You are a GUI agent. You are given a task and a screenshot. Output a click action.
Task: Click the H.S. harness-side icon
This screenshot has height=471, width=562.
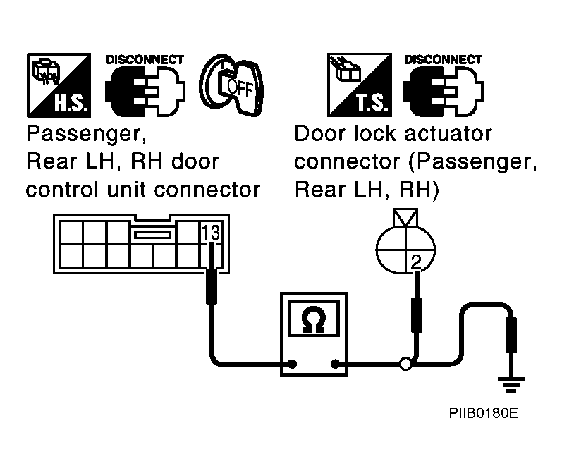pyautogui.click(x=59, y=85)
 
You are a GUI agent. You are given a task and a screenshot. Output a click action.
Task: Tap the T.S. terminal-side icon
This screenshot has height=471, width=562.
pyautogui.click(x=359, y=85)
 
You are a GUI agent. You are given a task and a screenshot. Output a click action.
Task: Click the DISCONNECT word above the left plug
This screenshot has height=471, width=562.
pyautogui.click(x=145, y=59)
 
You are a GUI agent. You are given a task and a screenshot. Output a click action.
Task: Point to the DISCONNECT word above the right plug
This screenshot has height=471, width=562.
pyautogui.click(x=443, y=59)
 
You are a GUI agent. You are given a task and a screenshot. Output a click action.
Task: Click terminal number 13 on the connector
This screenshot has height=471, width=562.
pyautogui.click(x=210, y=233)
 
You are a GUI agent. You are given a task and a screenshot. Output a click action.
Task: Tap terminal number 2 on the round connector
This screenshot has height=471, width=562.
pyautogui.click(x=416, y=262)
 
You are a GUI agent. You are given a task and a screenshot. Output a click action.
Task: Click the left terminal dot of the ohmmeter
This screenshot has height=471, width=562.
pyautogui.click(x=293, y=365)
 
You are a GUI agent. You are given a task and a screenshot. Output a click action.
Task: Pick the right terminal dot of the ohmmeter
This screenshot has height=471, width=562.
pyautogui.click(x=335, y=365)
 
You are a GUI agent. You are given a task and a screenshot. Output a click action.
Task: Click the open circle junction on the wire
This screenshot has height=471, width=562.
pyautogui.click(x=405, y=365)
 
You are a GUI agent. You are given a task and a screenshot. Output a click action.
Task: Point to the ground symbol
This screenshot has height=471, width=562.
pyautogui.click(x=511, y=384)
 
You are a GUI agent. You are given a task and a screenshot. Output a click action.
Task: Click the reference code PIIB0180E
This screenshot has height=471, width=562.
pyautogui.click(x=484, y=413)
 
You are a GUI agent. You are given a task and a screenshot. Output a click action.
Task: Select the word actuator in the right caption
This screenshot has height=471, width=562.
pyautogui.click(x=448, y=134)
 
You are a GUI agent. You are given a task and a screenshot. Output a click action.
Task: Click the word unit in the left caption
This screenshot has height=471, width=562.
pyautogui.click(x=130, y=189)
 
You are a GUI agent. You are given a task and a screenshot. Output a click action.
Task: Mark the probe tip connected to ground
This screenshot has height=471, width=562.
pyautogui.click(x=511, y=335)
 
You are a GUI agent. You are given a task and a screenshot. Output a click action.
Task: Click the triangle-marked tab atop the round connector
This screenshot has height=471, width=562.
pyautogui.click(x=405, y=218)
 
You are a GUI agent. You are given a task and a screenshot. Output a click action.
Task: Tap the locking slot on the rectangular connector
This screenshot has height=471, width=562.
pyautogui.click(x=153, y=235)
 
